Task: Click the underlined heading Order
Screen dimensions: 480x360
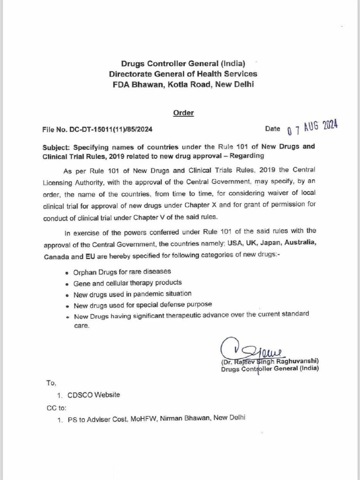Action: click(x=183, y=112)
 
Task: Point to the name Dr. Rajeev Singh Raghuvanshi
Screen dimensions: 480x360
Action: click(x=270, y=362)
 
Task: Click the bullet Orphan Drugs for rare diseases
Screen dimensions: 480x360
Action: click(x=122, y=271)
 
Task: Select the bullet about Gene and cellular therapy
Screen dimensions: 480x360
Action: click(x=127, y=283)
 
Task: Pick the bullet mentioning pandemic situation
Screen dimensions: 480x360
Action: click(x=132, y=294)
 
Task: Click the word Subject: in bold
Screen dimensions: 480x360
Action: click(x=57, y=147)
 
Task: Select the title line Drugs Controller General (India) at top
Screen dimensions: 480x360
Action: click(x=183, y=63)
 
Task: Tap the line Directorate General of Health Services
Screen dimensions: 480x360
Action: click(x=183, y=74)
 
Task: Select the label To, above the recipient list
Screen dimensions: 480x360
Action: click(x=51, y=382)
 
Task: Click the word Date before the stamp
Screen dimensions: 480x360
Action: click(x=272, y=128)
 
